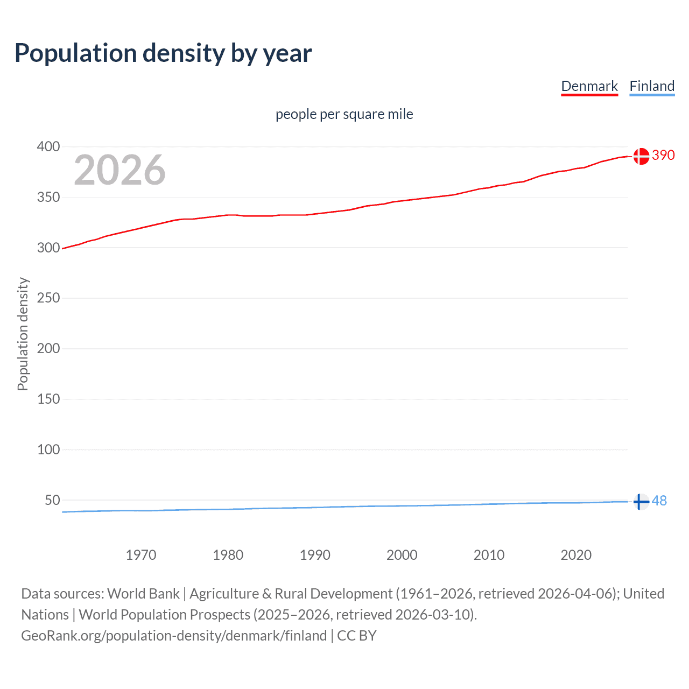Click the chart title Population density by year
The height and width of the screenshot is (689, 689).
[163, 53]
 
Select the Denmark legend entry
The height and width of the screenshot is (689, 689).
[589, 86]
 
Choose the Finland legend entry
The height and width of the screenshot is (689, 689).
[651, 86]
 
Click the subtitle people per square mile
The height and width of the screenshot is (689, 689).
[344, 114]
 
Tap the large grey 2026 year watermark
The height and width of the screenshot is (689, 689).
[119, 170]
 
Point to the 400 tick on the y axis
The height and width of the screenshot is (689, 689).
[48, 146]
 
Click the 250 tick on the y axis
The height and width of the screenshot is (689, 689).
[48, 298]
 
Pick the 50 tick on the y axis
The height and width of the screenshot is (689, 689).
[52, 500]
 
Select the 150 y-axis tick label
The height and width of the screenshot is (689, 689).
[48, 399]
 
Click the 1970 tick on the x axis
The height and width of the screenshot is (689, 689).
[141, 555]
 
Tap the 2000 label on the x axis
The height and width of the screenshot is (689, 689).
[402, 555]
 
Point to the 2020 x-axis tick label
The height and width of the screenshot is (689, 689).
[576, 555]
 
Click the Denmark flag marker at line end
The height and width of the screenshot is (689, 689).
[641, 156]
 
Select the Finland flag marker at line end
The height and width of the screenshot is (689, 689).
[641, 502]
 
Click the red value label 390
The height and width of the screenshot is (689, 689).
[663, 155]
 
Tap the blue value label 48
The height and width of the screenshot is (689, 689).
[659, 501]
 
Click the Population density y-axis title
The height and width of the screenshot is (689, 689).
[23, 334]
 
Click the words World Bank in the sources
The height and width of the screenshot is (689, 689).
[143, 594]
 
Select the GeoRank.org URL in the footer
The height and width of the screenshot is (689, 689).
[174, 636]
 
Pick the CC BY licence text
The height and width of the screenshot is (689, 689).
[356, 636]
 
